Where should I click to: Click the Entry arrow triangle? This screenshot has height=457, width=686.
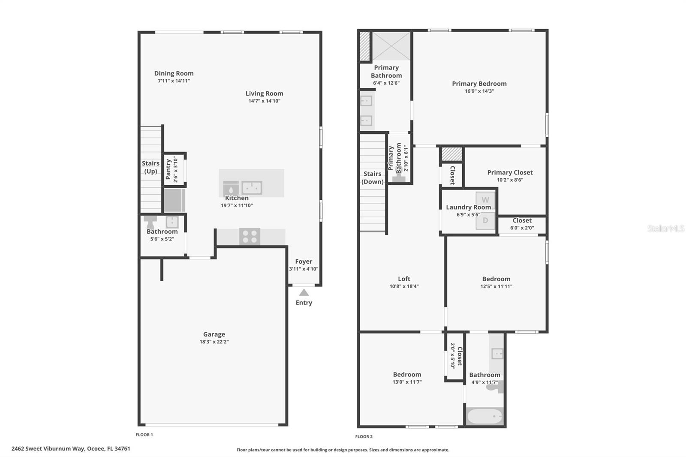point(304,292)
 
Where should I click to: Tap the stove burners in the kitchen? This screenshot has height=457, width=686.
point(250,237)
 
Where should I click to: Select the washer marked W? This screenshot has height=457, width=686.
point(485,200)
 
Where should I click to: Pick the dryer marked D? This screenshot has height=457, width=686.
point(485,220)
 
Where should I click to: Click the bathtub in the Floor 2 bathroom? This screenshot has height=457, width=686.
point(485,416)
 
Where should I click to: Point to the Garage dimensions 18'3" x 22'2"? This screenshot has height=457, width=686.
point(214,342)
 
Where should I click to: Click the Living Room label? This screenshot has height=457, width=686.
point(264,93)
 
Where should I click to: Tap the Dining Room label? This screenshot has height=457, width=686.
point(174,73)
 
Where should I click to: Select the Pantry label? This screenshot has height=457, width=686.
point(168,169)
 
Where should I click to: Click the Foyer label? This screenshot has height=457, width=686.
point(304,262)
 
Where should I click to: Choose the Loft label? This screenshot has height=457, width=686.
point(404,279)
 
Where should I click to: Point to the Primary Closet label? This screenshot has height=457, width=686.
point(510,172)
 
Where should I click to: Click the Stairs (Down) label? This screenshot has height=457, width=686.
point(373,177)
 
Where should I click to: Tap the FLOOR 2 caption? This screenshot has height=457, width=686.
point(364,436)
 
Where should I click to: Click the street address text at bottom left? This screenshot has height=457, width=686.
point(71,449)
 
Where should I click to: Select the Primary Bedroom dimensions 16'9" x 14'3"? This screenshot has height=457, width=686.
point(479,91)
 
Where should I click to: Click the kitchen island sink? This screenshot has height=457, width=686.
point(252,188)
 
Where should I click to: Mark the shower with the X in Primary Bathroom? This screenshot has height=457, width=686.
point(391,46)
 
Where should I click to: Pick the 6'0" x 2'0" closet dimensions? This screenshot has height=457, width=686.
point(522,228)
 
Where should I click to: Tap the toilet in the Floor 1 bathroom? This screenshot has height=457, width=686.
point(150,222)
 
